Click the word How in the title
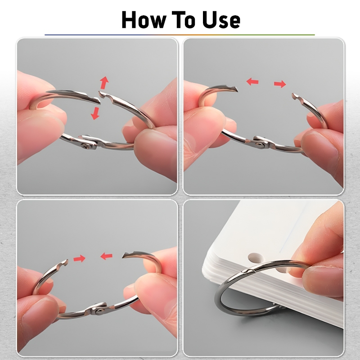tap(144, 20)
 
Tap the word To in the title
tap(183, 20)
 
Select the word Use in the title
tap(221, 20)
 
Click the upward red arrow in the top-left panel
tap(104, 83)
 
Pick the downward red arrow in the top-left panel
tap(95, 114)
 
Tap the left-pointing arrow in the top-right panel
tap(252, 81)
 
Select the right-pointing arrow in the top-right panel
tap(280, 84)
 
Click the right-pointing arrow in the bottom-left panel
tap(79, 258)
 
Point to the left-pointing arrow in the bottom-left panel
tap(106, 256)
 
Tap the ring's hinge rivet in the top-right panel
tap(260, 144)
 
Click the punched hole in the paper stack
tap(255, 257)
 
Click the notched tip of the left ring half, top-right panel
tap(237, 89)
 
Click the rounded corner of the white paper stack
tap(205, 270)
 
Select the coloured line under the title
tap(180, 35)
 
